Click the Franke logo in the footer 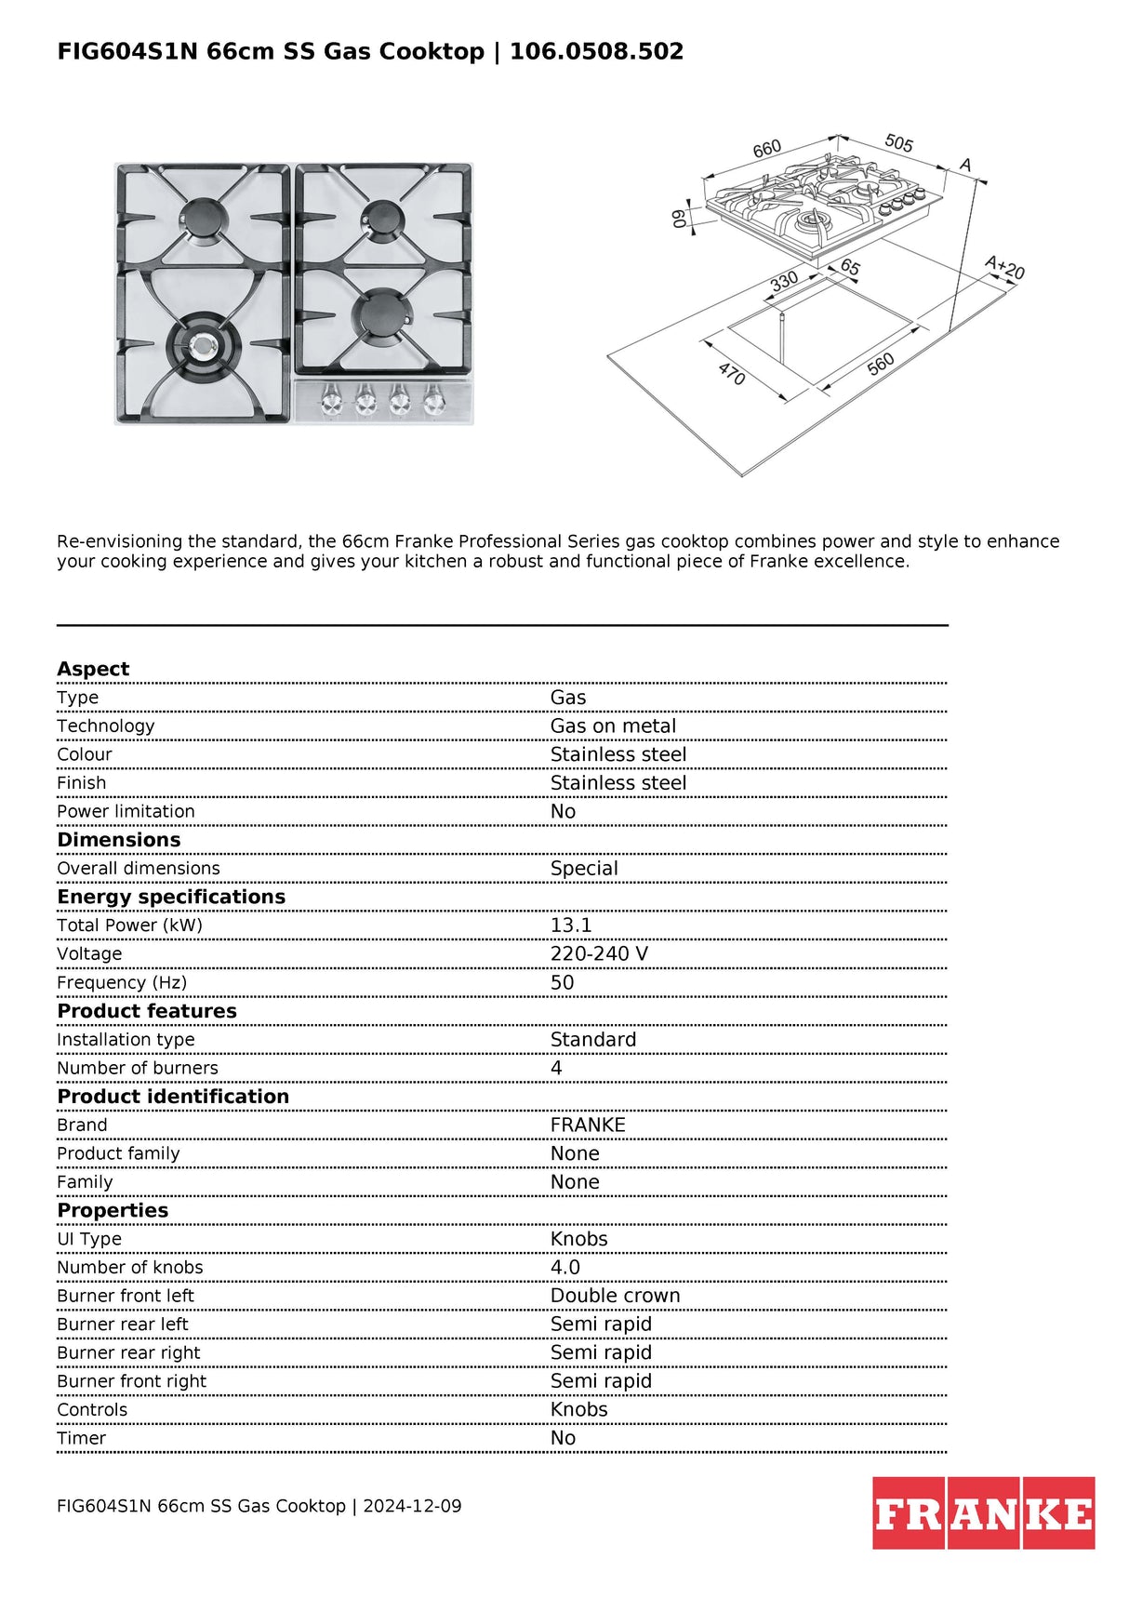coord(983,1512)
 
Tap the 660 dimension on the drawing coord(767,149)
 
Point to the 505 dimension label coord(898,143)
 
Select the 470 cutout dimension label coord(732,374)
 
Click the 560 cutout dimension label coord(880,364)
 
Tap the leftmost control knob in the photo coord(331,402)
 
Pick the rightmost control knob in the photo coord(434,402)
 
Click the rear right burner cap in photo coord(383,220)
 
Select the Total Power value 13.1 coord(571,926)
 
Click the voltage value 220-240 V coord(599,954)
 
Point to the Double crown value coord(615,1296)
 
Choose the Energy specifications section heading coord(171,897)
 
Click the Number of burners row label coord(138,1068)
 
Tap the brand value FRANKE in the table coord(588,1125)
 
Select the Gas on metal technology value coord(613,726)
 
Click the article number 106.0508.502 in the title coord(596,51)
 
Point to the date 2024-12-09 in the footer coord(412,1506)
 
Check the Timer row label coord(82,1438)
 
